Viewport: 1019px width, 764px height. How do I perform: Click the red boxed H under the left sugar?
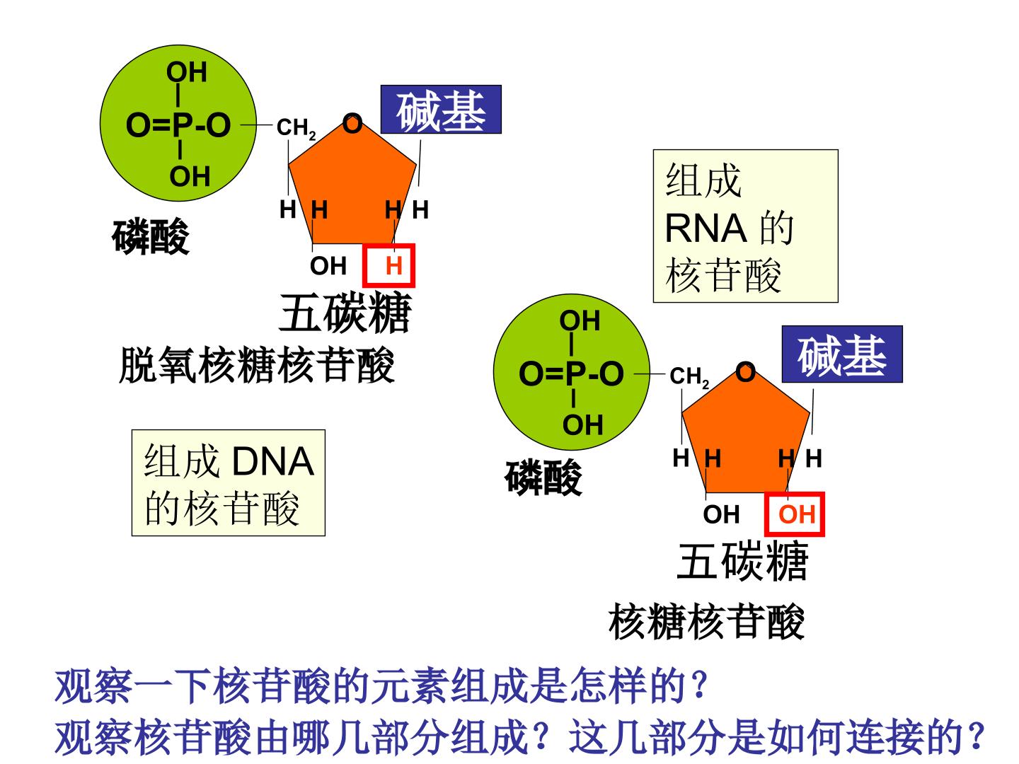pyautogui.click(x=388, y=265)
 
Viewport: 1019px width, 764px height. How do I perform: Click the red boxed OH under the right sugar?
pyautogui.click(x=794, y=514)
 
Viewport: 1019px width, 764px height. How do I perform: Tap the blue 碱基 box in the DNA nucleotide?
pyautogui.click(x=441, y=110)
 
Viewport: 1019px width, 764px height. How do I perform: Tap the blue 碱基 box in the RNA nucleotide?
pyautogui.click(x=842, y=354)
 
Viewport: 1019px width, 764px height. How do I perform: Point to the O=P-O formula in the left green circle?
pyautogui.click(x=178, y=125)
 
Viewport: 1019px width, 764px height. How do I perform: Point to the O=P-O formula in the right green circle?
pyautogui.click(x=572, y=374)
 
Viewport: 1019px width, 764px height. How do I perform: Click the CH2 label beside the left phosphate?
pyautogui.click(x=296, y=129)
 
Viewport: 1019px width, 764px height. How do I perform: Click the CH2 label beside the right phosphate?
pyautogui.click(x=689, y=377)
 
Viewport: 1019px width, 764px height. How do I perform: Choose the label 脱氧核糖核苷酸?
pyautogui.click(x=257, y=366)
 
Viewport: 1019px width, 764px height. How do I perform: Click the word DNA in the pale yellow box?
pyautogui.click(x=273, y=461)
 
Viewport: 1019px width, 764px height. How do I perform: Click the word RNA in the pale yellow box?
pyautogui.click(x=706, y=228)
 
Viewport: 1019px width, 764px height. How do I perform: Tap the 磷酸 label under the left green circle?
pyautogui.click(x=151, y=236)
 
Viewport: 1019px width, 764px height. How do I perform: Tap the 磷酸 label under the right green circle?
pyautogui.click(x=543, y=477)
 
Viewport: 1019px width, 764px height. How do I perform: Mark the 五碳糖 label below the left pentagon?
pyautogui.click(x=345, y=313)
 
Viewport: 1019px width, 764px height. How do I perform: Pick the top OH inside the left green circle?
pyautogui.click(x=187, y=72)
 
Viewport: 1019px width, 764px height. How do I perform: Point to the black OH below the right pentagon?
pyautogui.click(x=721, y=514)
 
